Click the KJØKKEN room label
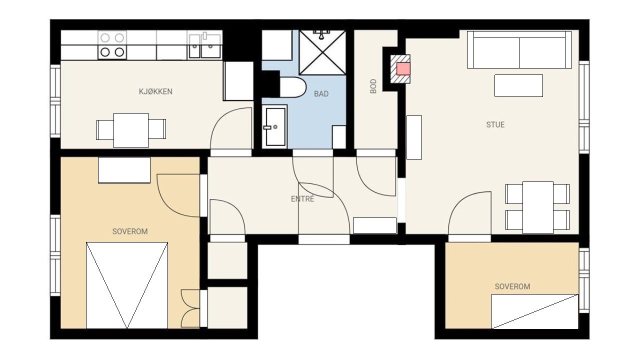pos(155,91)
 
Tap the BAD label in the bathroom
pos(321,93)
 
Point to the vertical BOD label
pos(373,86)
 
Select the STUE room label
pos(495,124)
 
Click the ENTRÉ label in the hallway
pos(302,198)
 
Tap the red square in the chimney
pos(403,69)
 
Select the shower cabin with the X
pos(322,52)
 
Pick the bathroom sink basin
pos(275,127)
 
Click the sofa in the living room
pos(519,49)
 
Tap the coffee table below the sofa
pos(518,85)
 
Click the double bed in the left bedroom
pos(127,285)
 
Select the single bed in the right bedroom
pos(534,311)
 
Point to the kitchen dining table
pos(131,130)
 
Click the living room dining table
pos(537,207)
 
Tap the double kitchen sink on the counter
pos(205,46)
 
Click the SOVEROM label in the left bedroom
pos(130,231)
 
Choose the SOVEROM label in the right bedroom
pos(512,286)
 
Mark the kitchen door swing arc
pos(220,117)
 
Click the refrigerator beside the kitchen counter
pos(238,81)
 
